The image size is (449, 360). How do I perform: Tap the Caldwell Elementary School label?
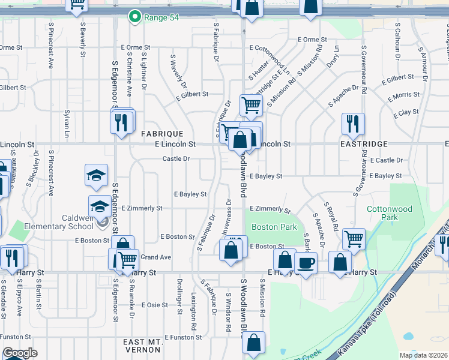pos(67,221)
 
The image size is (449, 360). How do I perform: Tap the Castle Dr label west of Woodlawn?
pos(176,159)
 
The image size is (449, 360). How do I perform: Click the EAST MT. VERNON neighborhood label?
pos(142,346)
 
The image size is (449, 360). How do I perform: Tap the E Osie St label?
pos(154,305)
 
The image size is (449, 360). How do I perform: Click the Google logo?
pos(19,353)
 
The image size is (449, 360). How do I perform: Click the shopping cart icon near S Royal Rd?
pos(354,238)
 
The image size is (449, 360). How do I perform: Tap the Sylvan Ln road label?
pos(66,124)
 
